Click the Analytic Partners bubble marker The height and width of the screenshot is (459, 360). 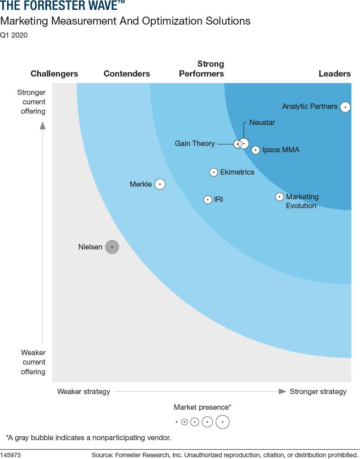pyautogui.click(x=345, y=107)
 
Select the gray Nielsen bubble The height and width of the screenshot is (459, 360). pyautogui.click(x=112, y=247)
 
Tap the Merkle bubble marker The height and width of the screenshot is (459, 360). pyautogui.click(x=160, y=184)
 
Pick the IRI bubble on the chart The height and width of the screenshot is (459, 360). pyautogui.click(x=207, y=200)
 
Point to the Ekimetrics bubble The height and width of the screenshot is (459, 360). pyautogui.click(x=214, y=172)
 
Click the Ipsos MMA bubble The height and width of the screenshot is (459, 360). pyautogui.click(x=255, y=150)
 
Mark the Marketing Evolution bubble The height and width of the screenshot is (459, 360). pyautogui.click(x=279, y=197)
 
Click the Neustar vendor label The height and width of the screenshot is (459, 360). pyautogui.click(x=262, y=123)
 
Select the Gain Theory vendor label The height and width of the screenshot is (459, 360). pyautogui.click(x=195, y=144)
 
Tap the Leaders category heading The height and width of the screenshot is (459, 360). pyautogui.click(x=334, y=74)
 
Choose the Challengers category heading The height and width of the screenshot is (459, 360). pyautogui.click(x=54, y=74)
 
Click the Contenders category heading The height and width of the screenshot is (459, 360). pyautogui.click(x=127, y=74)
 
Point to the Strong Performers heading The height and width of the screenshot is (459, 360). pyautogui.click(x=202, y=69)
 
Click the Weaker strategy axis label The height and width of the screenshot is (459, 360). pyautogui.click(x=84, y=392)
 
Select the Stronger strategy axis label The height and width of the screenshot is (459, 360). pyautogui.click(x=318, y=392)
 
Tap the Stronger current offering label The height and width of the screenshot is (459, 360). pyautogui.click(x=31, y=102)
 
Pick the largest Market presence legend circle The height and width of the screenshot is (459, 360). pyautogui.click(x=223, y=422)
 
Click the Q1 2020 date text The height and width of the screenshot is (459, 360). pyautogui.click(x=14, y=35)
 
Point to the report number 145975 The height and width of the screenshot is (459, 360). pyautogui.click(x=11, y=455)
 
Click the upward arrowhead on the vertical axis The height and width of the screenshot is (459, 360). pyautogui.click(x=43, y=125)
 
